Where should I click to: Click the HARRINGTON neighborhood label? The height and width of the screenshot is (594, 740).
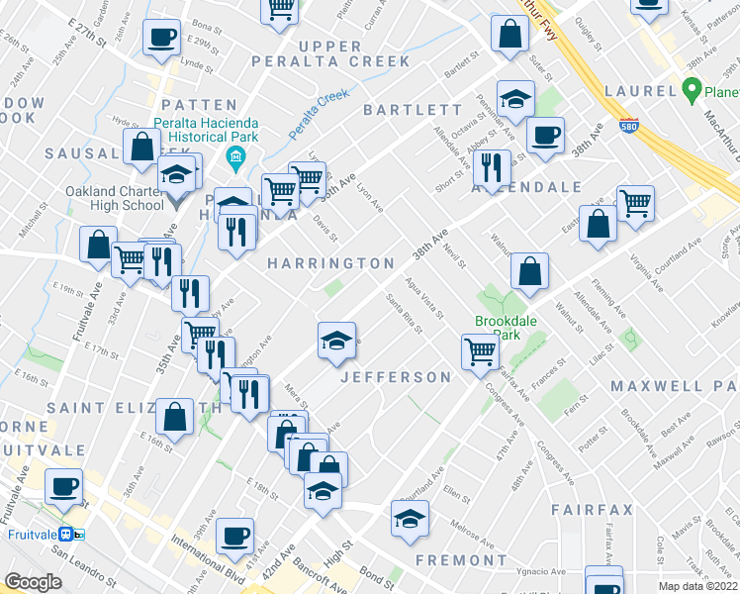coord(330,263)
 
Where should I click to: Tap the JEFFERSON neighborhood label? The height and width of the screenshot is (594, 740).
coord(396,377)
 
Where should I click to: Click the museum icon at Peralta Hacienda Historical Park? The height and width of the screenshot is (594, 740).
coord(235,156)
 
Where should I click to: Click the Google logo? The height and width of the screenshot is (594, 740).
coord(33,582)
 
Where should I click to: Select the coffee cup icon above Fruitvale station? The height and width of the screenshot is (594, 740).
coord(65,488)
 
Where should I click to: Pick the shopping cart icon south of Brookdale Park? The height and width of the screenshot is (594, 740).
coord(480,350)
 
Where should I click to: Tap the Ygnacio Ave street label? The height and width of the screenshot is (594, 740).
coord(542,571)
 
